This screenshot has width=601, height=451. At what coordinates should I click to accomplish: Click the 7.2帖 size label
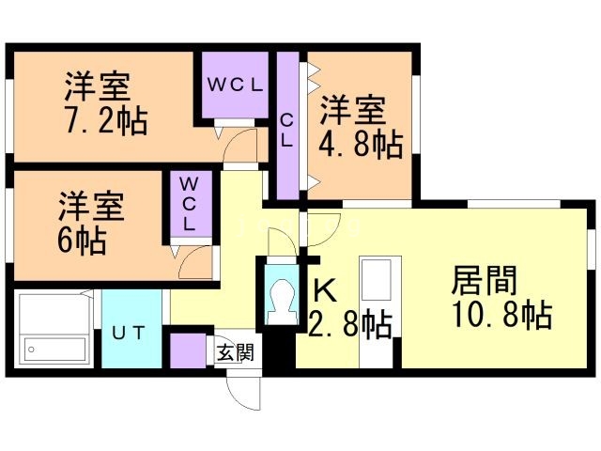[x=104, y=121]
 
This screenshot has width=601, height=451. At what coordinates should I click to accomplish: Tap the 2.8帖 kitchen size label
[x=349, y=325]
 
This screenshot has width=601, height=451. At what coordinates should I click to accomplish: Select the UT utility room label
[x=130, y=333]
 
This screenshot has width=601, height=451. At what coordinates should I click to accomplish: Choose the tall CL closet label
[x=287, y=131]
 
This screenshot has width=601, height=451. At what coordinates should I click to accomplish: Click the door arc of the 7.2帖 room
[x=241, y=145]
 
